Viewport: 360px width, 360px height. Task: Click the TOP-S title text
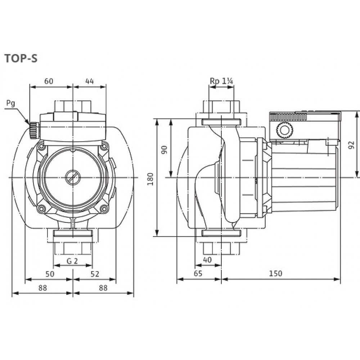coord(21,59)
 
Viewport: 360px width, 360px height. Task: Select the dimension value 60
coord(49,81)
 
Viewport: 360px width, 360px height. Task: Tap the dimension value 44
coord(89,81)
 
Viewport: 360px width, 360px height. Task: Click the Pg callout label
coord(11,104)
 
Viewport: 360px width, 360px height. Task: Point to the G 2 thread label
coord(72,261)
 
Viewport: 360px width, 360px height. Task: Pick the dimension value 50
coord(50,274)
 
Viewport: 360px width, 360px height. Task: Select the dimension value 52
coord(95,274)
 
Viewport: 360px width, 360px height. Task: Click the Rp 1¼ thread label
coord(222,82)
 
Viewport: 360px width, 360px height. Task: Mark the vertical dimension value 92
coord(351,145)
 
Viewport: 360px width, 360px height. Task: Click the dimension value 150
coord(276,274)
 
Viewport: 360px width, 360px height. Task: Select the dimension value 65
coord(198,274)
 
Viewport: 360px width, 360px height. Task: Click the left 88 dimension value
coord(42,288)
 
